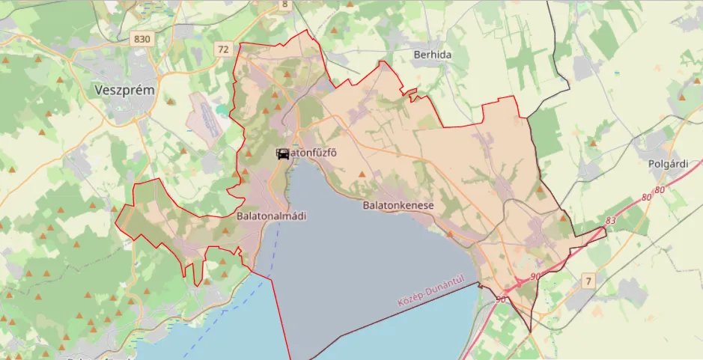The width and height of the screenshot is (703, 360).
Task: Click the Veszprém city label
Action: pyautogui.click(x=125, y=90)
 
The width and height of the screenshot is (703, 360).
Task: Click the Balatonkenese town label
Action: pyautogui.click(x=398, y=204)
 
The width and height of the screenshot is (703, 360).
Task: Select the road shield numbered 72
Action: pyautogui.click(x=223, y=49)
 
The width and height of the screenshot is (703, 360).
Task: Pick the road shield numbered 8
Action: pyautogui.click(x=284, y=4)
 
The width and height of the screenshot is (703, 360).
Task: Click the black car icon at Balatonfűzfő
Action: pyautogui.click(x=283, y=153)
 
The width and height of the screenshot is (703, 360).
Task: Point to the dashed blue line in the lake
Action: pyautogui.click(x=225, y=299)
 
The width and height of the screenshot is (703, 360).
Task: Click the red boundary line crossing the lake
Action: pyautogui.click(x=279, y=314)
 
